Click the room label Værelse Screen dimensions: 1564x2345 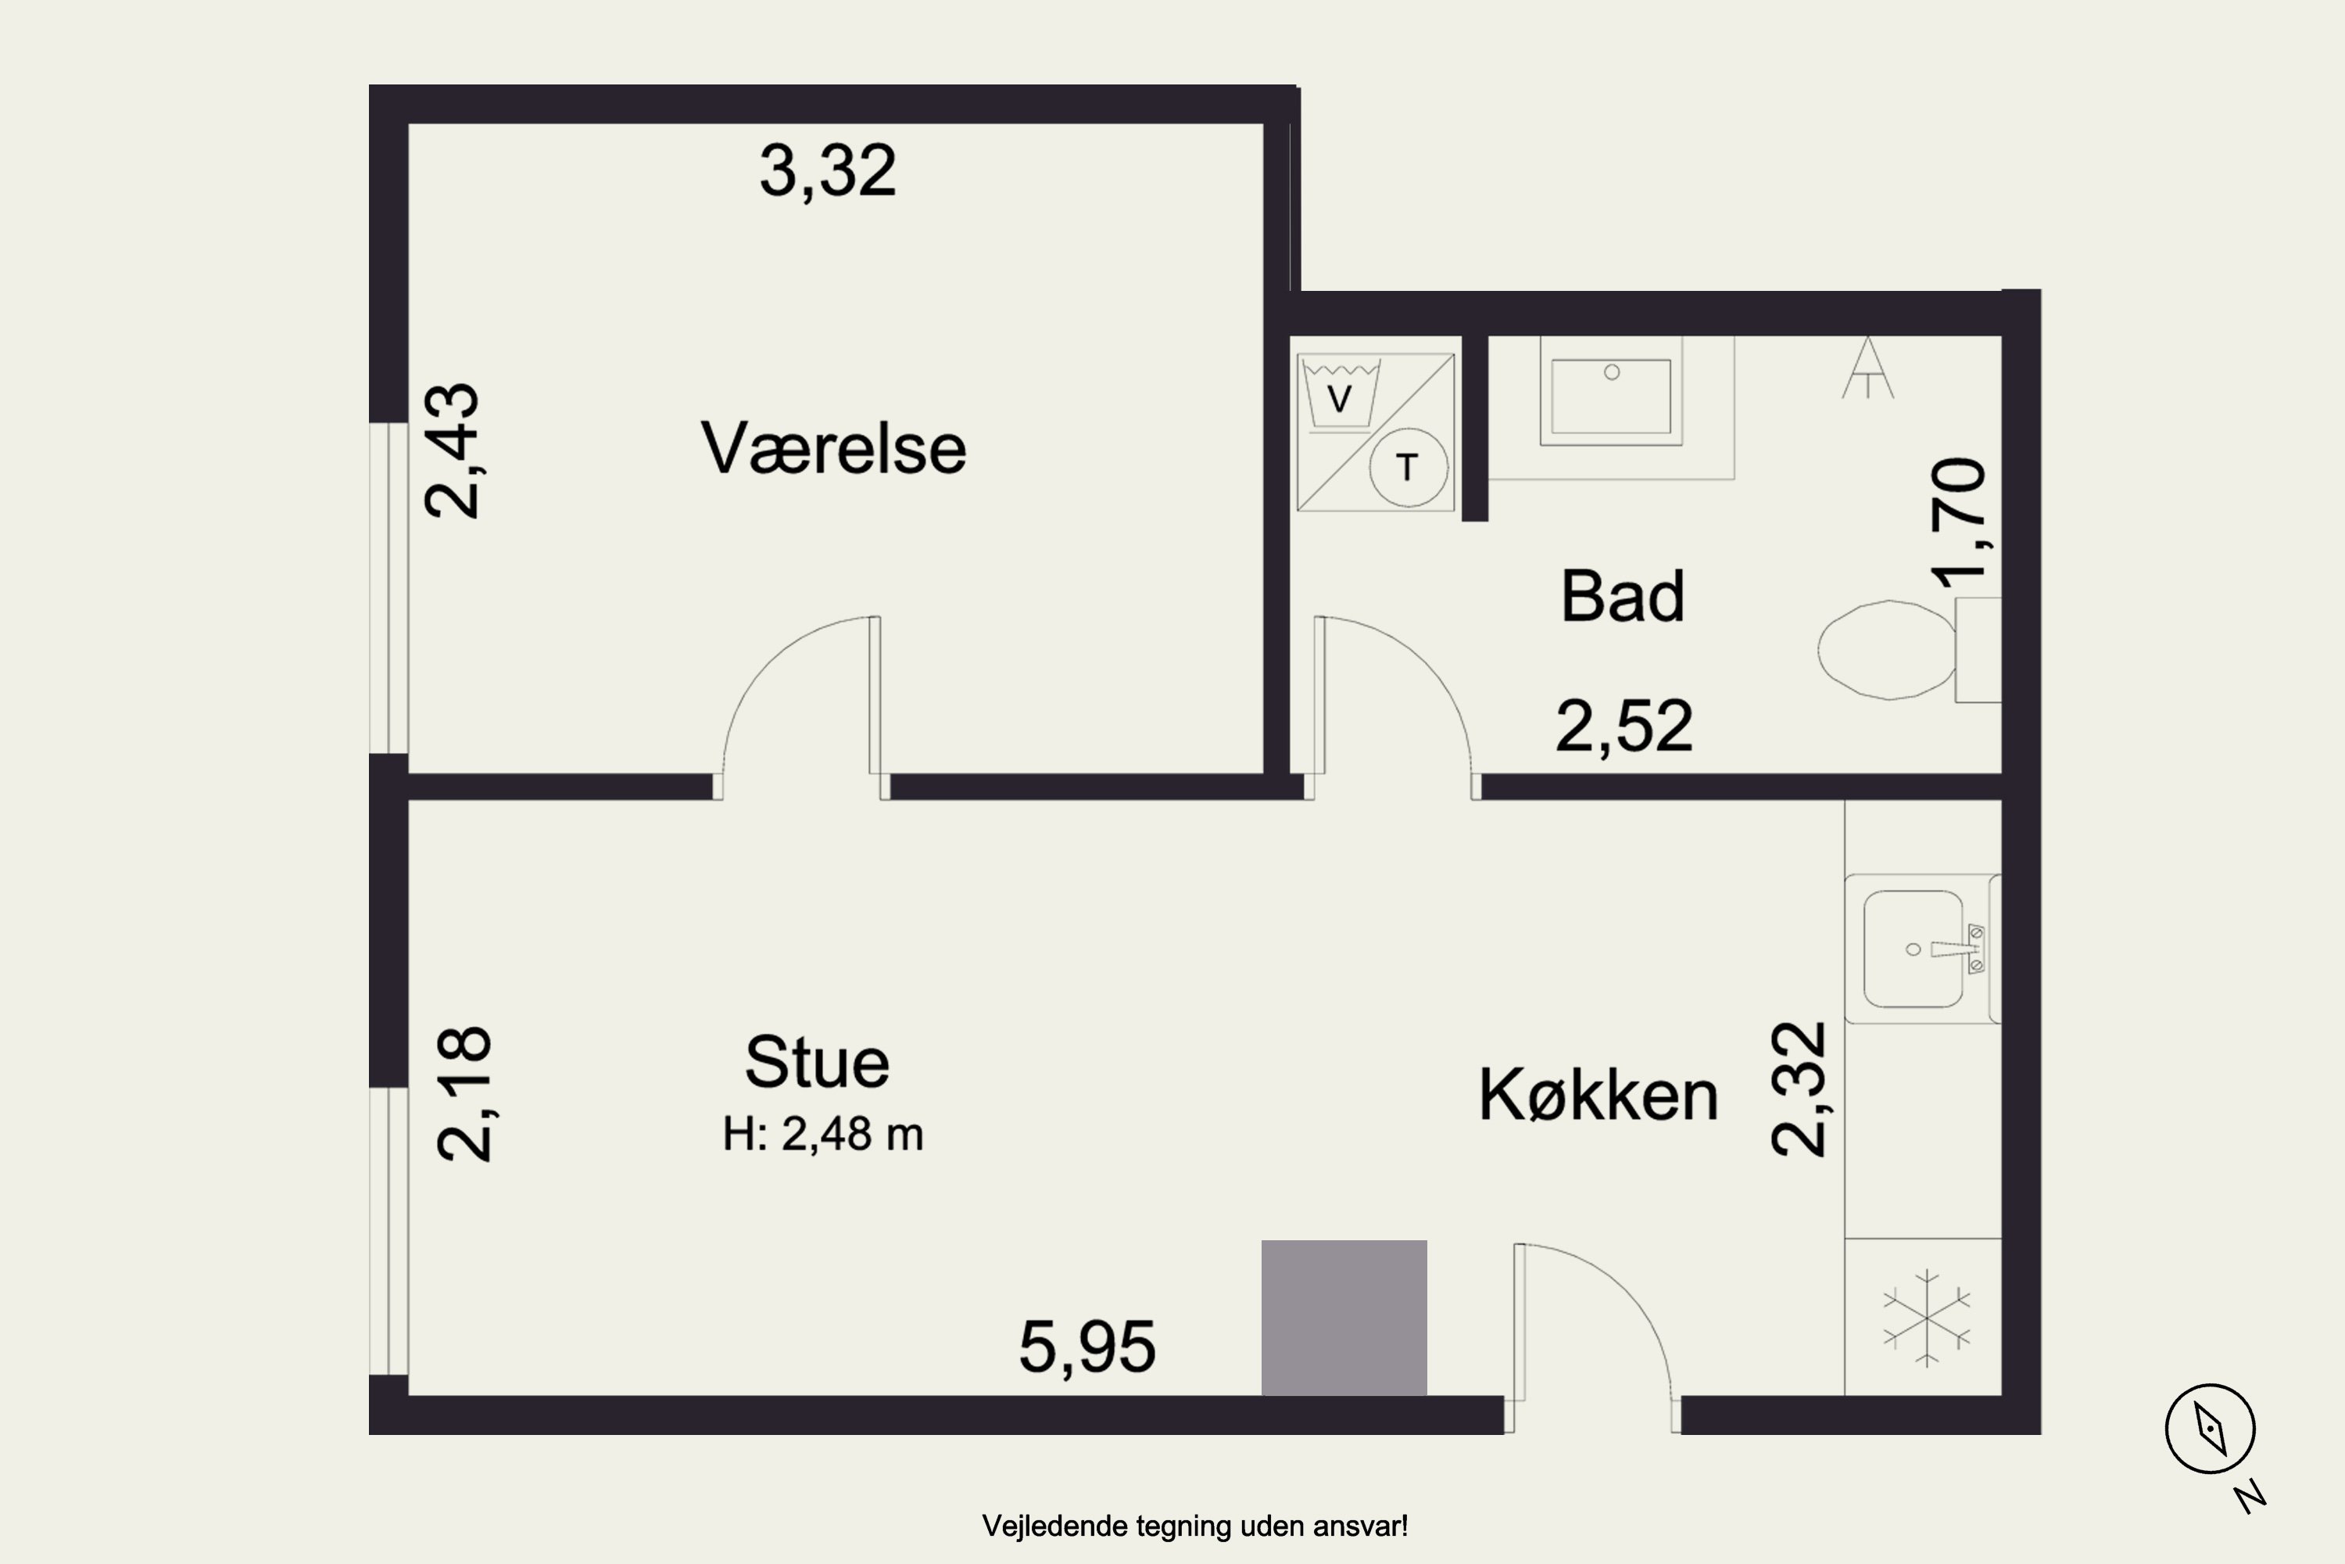pos(833,449)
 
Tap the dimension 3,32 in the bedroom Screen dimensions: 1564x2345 pos(828,170)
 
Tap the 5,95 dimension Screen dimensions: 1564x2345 pos(1087,1347)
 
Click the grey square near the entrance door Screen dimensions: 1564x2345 pos(1343,1318)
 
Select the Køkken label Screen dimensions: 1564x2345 pos(1597,1096)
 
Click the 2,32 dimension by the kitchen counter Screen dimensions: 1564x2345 pos(1798,1089)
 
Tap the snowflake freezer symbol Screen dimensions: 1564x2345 pos(1926,1318)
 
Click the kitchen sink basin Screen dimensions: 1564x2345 pos(1912,949)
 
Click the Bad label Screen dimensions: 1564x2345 pos(1622,597)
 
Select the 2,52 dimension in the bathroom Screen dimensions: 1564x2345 pos(1624,726)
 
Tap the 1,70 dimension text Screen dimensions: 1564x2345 pos(1957,522)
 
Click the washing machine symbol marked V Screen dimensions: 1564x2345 pos(1340,396)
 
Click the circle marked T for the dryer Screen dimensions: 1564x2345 pos(1408,466)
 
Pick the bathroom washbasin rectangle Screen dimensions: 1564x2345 pos(1610,396)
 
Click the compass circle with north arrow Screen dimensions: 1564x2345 pos(2210,1429)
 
